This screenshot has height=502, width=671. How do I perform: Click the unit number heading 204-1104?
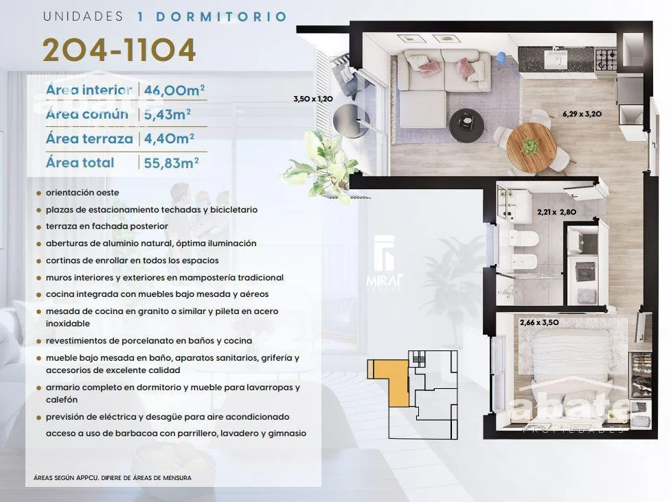click(119, 50)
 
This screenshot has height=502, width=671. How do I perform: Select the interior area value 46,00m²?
click(174, 90)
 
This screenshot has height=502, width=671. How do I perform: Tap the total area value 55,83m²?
click(171, 163)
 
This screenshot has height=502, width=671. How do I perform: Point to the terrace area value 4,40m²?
click(169, 139)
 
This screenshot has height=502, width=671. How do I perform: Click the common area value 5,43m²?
click(168, 114)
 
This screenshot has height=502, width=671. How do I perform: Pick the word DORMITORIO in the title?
click(221, 16)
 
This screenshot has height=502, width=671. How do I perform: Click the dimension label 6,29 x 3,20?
click(582, 114)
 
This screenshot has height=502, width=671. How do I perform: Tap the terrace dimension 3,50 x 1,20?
click(313, 99)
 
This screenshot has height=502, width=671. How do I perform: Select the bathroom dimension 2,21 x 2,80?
click(556, 212)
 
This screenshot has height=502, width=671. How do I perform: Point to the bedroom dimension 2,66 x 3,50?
click(539, 322)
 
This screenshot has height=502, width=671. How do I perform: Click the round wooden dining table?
click(532, 148)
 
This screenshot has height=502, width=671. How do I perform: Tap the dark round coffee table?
click(467, 125)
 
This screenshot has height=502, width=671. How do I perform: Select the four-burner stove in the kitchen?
click(606, 60)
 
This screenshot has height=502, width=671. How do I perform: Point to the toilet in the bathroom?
click(523, 239)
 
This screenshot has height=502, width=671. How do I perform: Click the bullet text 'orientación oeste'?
click(82, 193)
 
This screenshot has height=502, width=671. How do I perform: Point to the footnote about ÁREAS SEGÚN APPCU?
click(113, 477)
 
